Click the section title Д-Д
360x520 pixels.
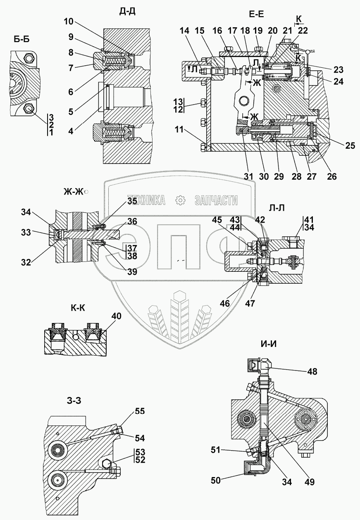pyautogui.click(x=127, y=12)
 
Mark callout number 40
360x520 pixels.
pyautogui.click(x=116, y=317)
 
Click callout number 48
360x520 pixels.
pyautogui.click(x=312, y=371)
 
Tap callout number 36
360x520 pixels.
pyautogui.click(x=132, y=222)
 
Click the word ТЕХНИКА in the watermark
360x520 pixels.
pyautogui.click(x=146, y=201)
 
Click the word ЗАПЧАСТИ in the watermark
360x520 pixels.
pyautogui.click(x=215, y=201)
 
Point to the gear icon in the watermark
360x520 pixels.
pyautogui.click(x=180, y=201)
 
